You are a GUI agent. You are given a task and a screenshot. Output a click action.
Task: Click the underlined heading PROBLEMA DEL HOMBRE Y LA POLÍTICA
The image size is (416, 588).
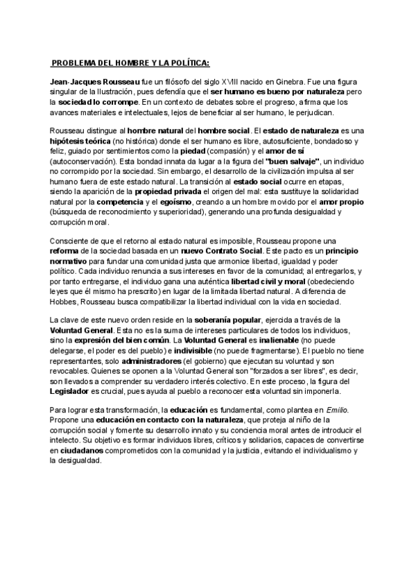coord(130,62)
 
